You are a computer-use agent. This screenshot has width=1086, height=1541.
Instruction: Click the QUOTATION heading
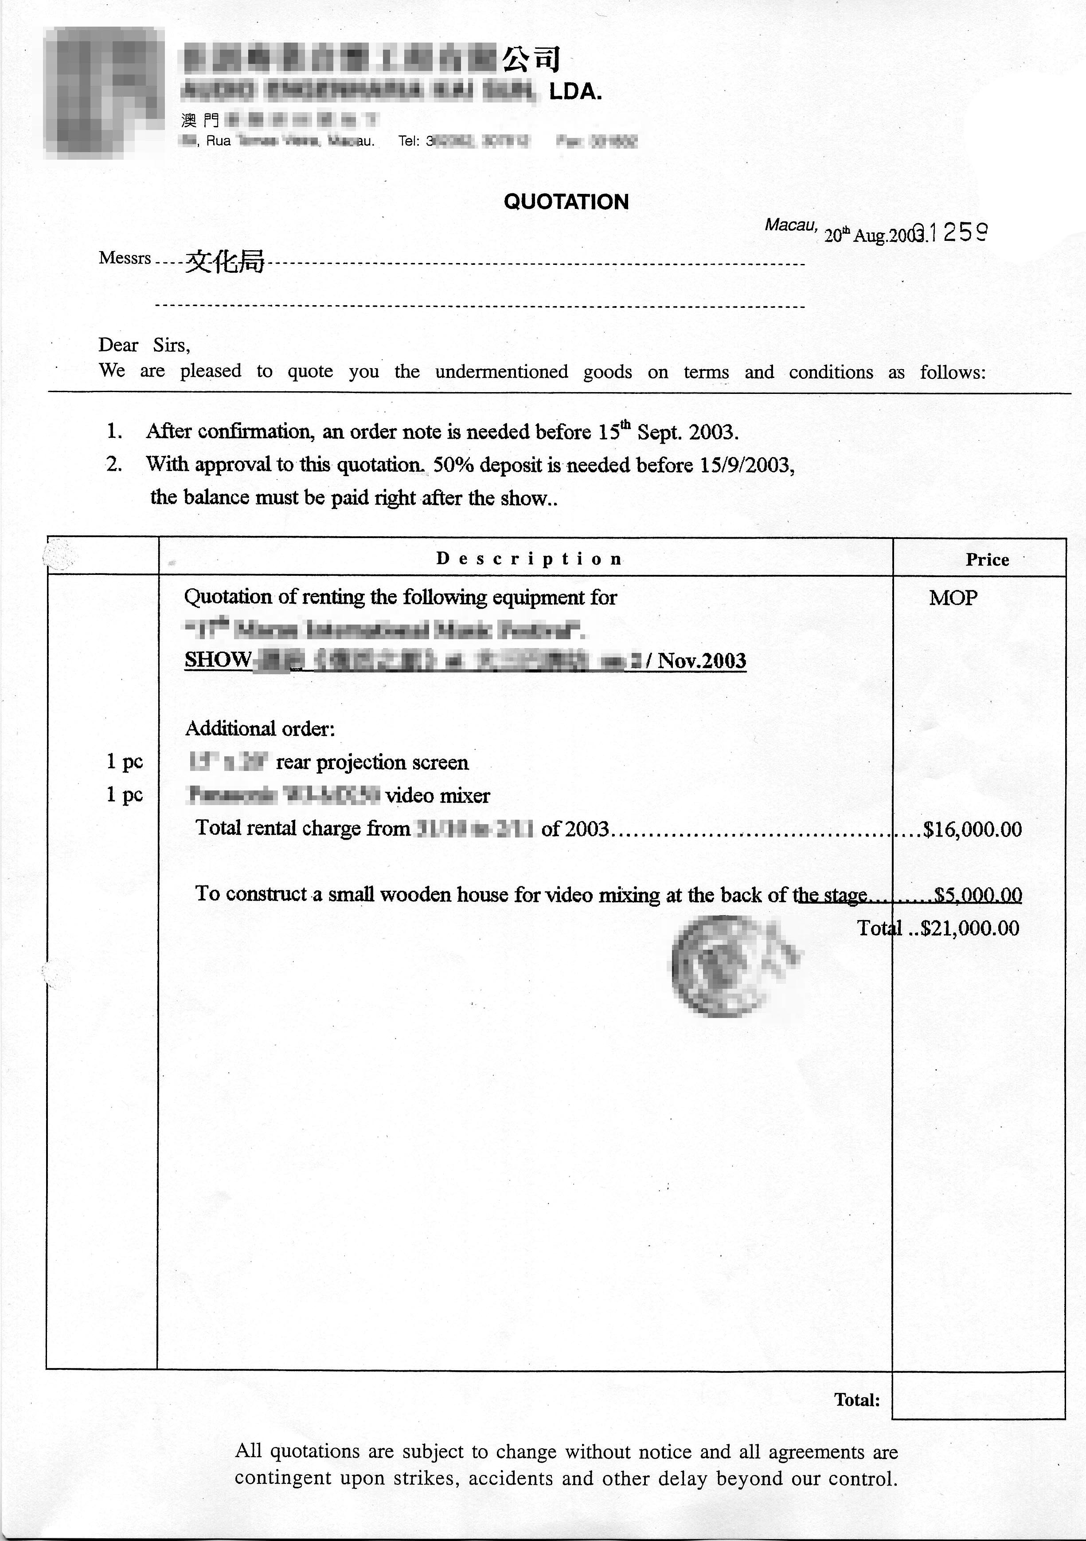pos(566,202)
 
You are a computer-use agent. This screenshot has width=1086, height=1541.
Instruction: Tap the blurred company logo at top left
pos(104,93)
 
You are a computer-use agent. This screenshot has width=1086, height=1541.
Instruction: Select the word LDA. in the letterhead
pos(575,92)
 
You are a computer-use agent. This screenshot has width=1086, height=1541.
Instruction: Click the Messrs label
pos(125,259)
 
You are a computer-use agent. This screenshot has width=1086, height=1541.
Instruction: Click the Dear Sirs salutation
pos(144,345)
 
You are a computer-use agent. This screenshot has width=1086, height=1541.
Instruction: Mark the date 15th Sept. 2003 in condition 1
pos(668,432)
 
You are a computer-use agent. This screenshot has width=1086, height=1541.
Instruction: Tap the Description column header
pos(529,559)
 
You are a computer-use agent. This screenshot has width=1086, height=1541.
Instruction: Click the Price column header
pos(987,560)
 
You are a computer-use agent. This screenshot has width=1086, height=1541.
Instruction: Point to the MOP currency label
pos(953,598)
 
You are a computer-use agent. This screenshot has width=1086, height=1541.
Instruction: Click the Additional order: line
pos(260,728)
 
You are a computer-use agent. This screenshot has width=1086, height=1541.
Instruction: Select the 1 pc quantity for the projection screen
pos(125,761)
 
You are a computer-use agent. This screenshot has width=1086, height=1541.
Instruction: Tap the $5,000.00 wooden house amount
pos(978,895)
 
